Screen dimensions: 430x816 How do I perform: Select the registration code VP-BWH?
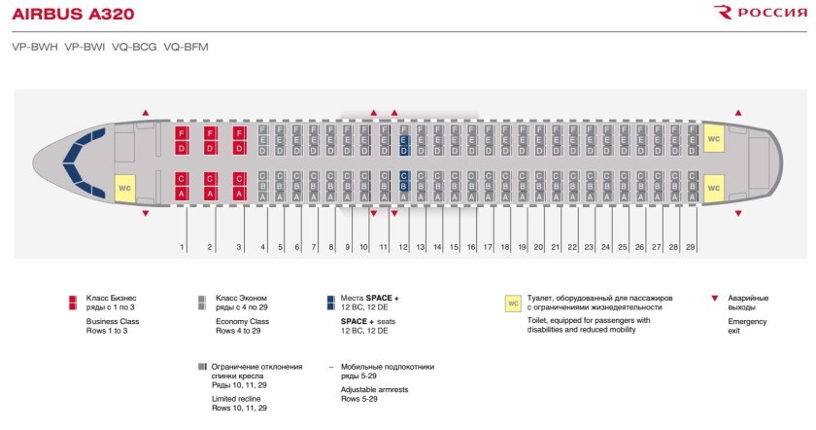(34, 46)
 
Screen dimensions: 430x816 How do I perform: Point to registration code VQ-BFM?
(187, 46)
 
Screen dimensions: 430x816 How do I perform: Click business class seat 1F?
(181, 133)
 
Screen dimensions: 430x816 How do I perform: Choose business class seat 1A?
(181, 194)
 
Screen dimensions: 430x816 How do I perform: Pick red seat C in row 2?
(210, 179)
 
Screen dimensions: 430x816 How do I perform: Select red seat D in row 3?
(239, 148)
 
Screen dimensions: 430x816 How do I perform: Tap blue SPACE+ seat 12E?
(404, 141)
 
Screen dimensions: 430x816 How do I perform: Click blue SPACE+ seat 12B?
(404, 186)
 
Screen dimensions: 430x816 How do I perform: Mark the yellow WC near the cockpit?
(125, 187)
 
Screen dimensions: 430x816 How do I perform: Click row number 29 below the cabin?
(690, 248)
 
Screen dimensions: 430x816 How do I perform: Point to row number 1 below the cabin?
(182, 248)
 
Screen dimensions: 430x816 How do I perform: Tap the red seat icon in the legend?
(73, 302)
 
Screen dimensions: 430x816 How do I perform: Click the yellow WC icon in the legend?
(513, 304)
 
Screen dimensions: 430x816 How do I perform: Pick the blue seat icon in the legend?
(332, 302)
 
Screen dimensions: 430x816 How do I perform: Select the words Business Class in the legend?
(113, 321)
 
